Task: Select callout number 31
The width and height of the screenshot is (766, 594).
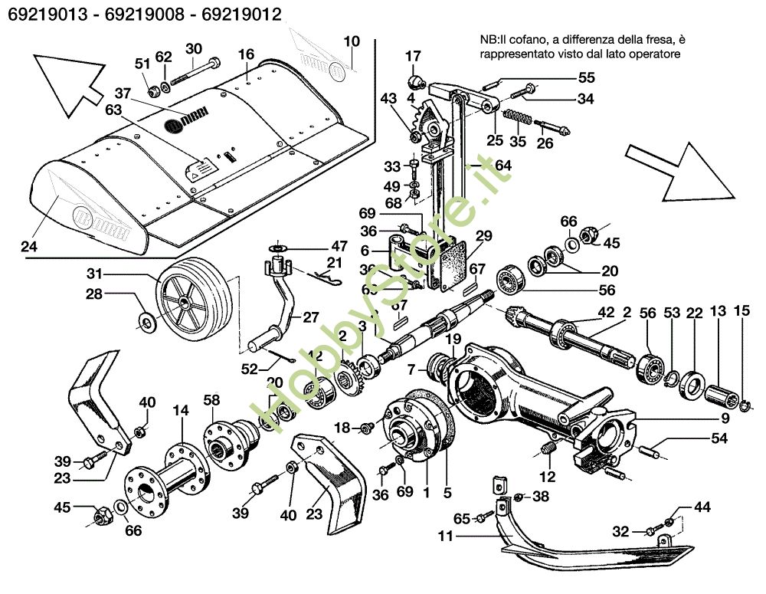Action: tap(93, 274)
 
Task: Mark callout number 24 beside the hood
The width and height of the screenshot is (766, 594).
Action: tap(28, 247)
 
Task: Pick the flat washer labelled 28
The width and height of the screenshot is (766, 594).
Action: tap(146, 317)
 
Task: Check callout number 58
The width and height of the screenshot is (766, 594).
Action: tap(212, 399)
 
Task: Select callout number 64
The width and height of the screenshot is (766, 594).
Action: tap(503, 165)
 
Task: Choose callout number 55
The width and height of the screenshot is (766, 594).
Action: tap(586, 77)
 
